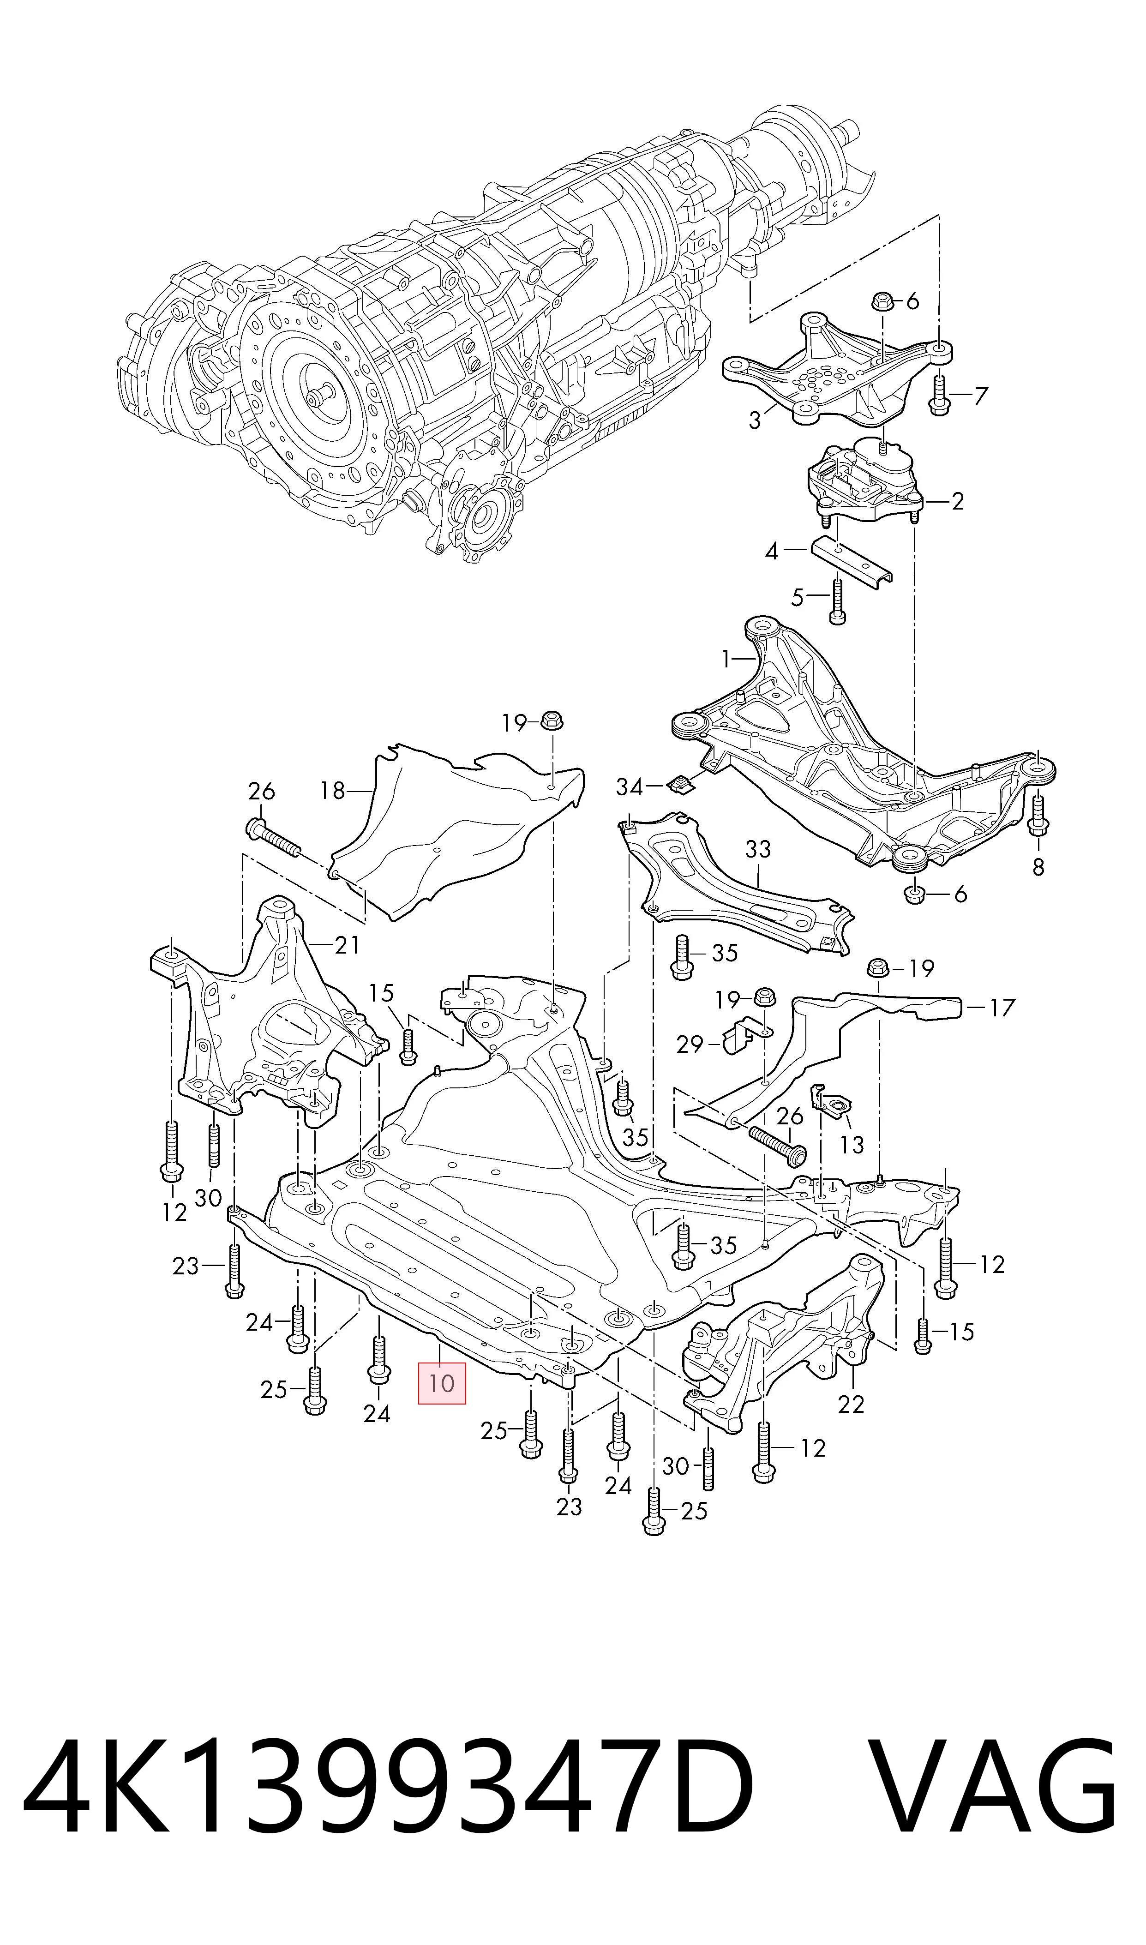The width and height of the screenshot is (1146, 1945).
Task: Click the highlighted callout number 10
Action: [x=442, y=1382]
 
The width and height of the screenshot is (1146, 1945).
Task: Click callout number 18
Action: [x=333, y=791]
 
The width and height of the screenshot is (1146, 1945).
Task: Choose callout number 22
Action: [x=851, y=1404]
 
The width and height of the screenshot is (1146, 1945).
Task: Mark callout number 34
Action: [x=630, y=787]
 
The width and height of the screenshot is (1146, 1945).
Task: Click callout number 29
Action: [x=690, y=1044]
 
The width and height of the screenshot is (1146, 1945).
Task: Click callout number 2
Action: [x=958, y=502]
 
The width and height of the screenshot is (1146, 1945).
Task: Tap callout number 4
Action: [x=772, y=552]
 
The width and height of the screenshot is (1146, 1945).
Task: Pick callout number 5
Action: [x=798, y=598]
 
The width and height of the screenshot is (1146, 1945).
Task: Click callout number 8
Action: [x=1038, y=867]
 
